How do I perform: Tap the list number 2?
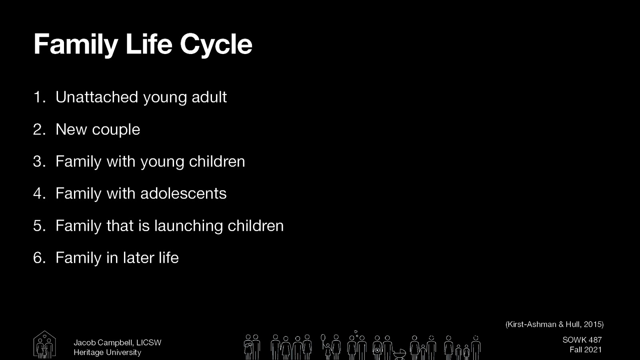pos(39,130)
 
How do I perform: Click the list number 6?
pos(39,258)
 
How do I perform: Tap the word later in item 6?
pos(138,258)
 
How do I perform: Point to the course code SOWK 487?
pos(582,340)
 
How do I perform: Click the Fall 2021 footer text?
pos(585,350)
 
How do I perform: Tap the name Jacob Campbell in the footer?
pos(103,343)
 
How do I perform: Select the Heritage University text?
pos(107,352)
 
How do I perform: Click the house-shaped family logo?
pos(44,344)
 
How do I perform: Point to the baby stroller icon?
pos(399,354)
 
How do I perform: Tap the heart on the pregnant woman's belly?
pos(377,350)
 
